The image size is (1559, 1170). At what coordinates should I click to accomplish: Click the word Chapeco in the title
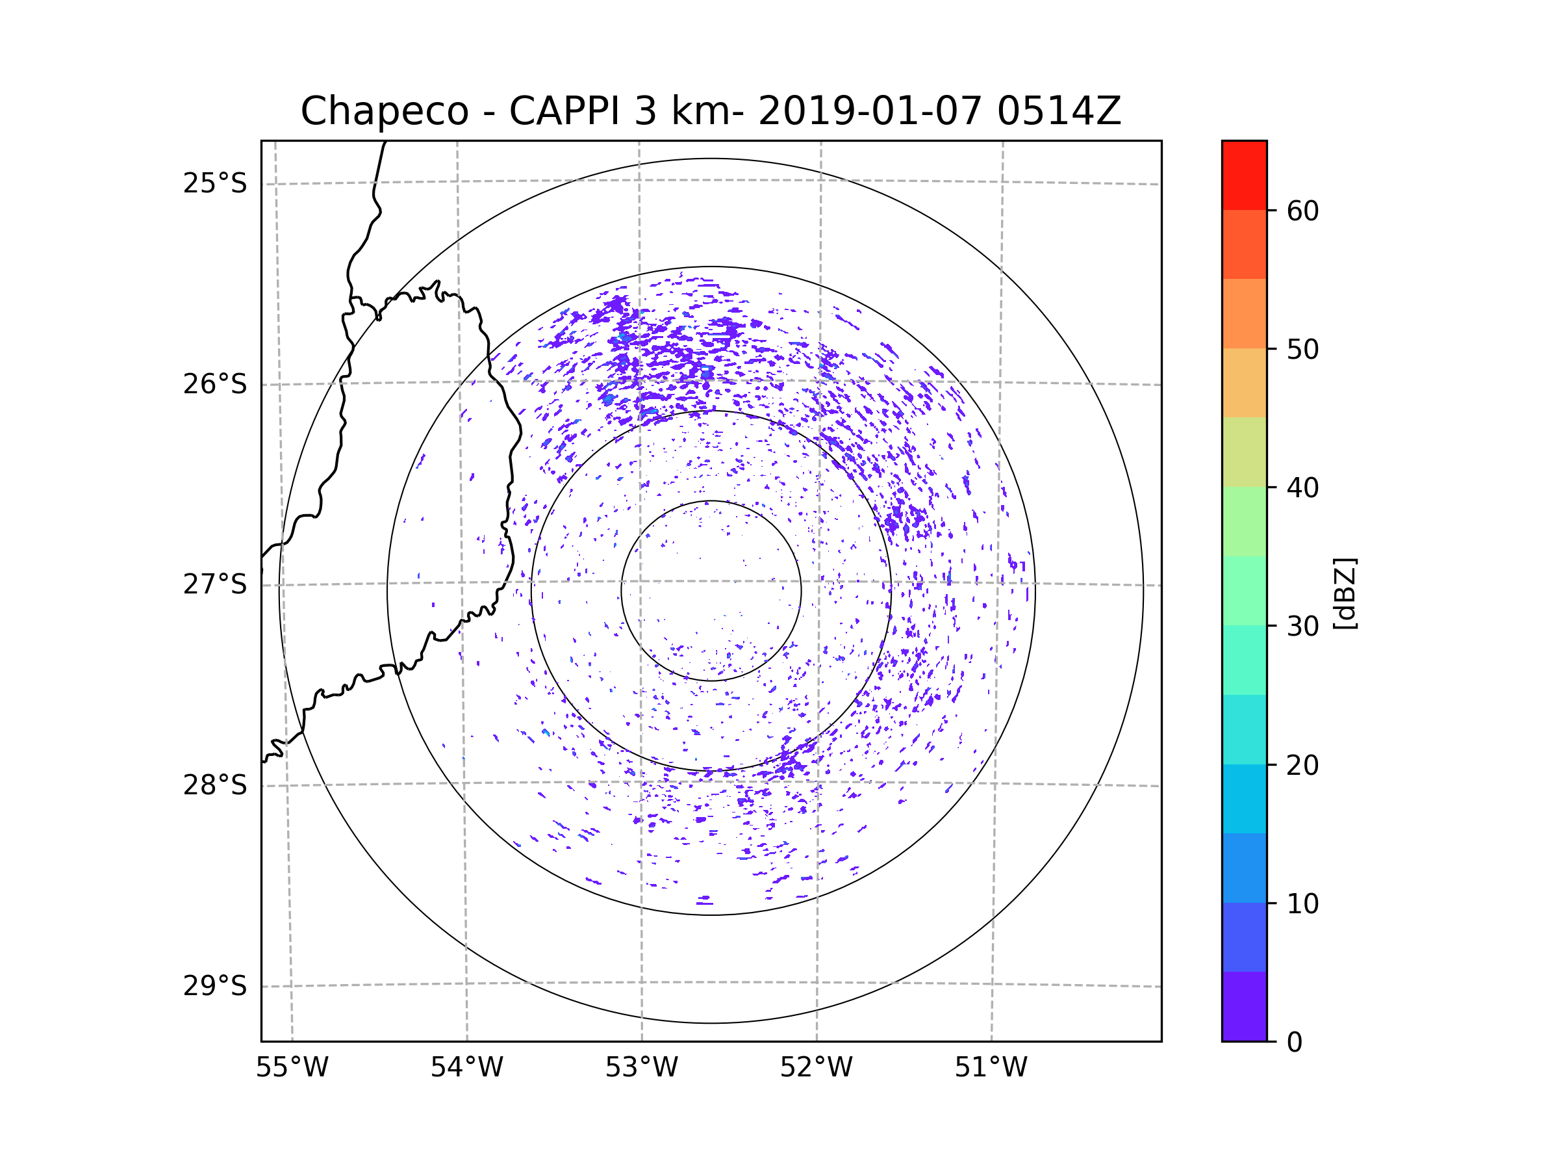384,111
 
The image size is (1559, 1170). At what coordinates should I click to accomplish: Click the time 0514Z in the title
1059,111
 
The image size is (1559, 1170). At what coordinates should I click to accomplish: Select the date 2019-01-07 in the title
869,111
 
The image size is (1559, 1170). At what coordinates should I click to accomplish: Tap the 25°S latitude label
215,183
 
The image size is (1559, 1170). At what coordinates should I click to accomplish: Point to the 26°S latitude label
215,384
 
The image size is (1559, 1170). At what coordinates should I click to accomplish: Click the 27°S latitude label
215,584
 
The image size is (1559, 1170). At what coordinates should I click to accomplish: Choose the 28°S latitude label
215,785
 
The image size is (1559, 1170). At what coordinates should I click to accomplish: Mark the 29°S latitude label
215,986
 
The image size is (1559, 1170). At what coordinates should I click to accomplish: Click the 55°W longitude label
292,1068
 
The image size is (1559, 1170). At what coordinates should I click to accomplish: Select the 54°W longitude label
466,1068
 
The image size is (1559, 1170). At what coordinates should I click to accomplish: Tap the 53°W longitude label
641,1068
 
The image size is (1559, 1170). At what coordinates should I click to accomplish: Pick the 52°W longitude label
816,1068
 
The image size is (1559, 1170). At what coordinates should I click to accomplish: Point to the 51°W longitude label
991,1068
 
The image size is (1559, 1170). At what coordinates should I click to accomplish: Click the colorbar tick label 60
1302,211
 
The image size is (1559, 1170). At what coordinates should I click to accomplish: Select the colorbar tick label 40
1302,488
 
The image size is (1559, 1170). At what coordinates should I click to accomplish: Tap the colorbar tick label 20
1302,765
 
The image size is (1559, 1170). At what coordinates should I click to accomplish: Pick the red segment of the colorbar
1244,175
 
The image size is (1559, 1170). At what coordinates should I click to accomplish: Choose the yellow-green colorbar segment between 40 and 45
1244,452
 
